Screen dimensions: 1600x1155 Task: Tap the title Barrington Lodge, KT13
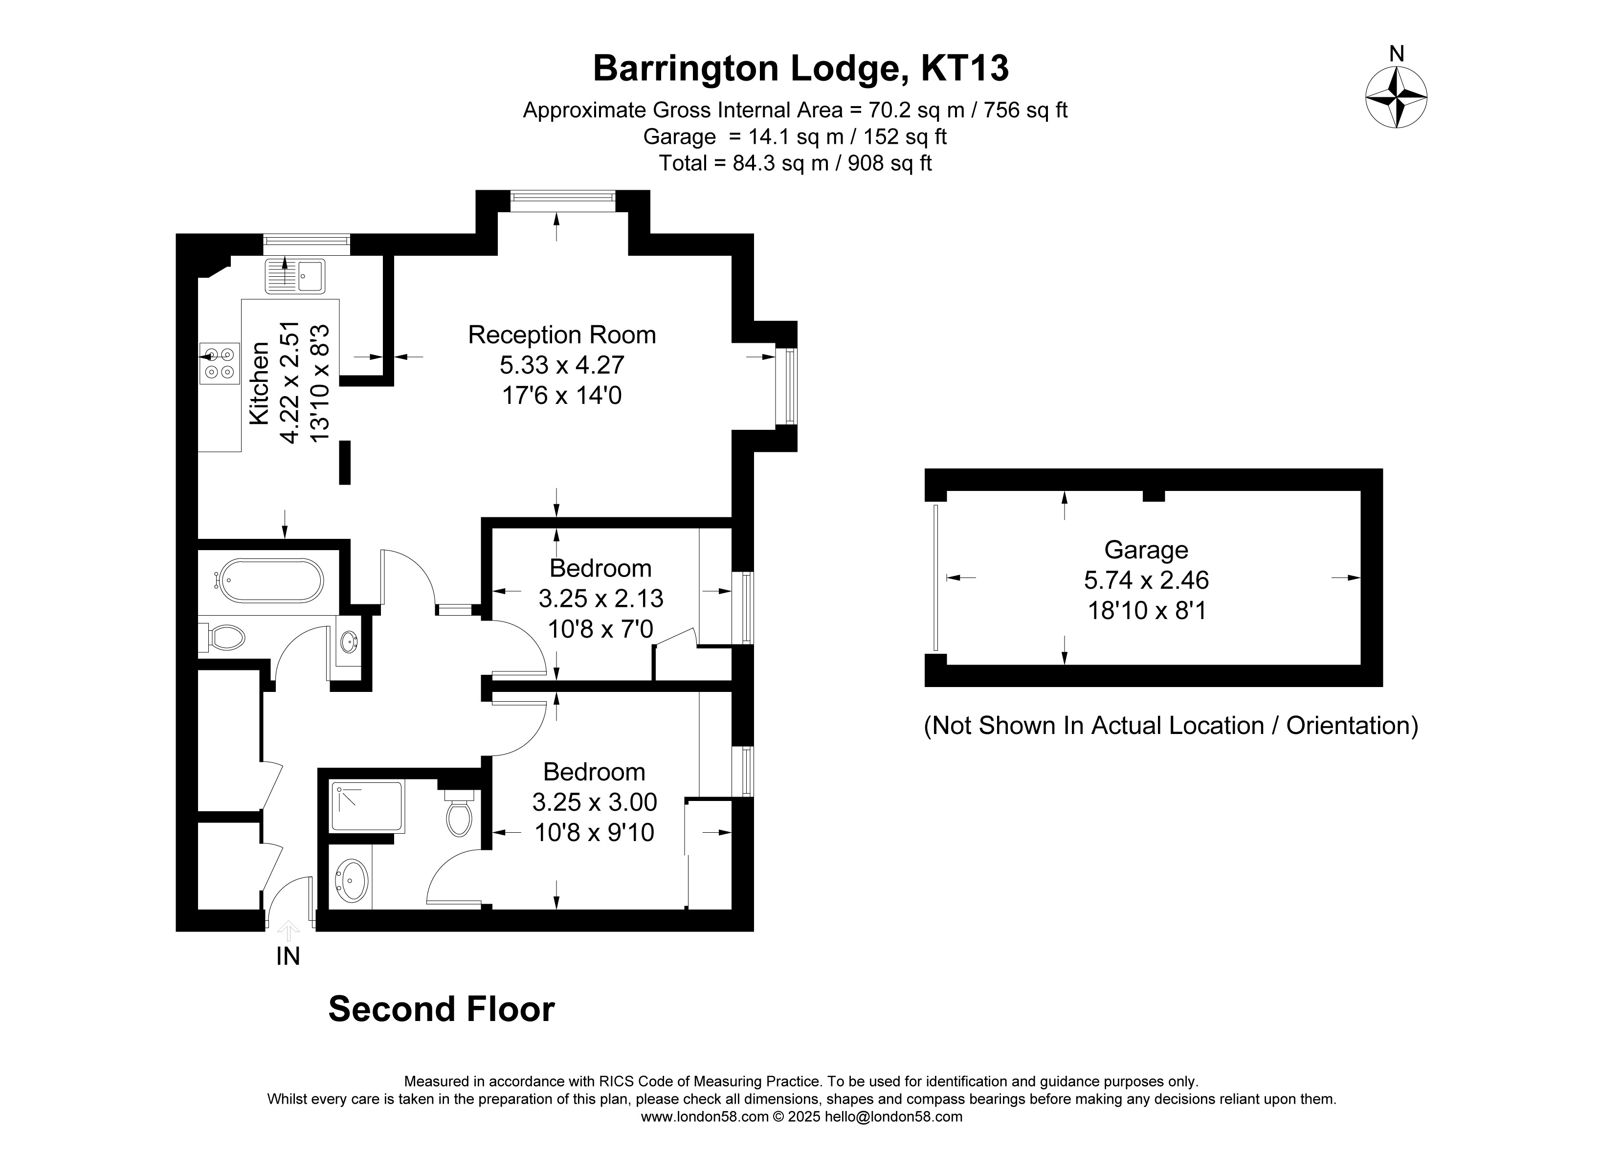800,69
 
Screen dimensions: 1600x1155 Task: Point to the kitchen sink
295,276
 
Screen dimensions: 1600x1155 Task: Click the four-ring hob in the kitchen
220,363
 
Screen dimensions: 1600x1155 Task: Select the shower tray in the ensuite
368,806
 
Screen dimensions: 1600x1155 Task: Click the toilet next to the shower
459,814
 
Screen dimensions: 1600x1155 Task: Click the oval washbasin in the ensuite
351,881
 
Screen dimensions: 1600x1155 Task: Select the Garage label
1146,550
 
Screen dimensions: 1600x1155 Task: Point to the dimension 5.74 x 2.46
1146,580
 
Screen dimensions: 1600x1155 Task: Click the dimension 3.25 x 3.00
595,802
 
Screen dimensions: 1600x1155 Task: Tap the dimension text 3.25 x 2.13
601,599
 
